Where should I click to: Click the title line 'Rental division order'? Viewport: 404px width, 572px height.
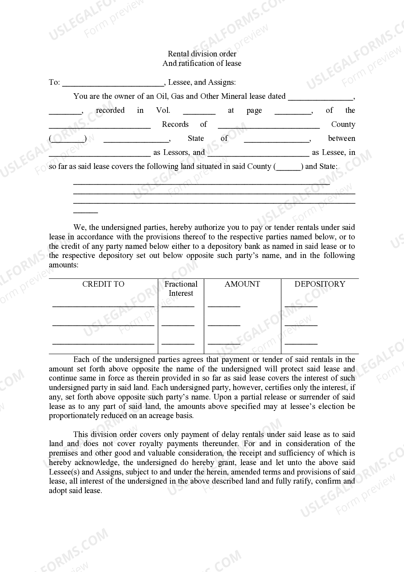pos(202,54)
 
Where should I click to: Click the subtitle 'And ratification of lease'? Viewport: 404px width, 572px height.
pos(202,63)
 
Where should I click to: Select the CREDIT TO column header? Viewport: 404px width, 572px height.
pos(103,284)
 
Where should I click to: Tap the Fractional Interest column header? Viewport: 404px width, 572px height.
pos(181,289)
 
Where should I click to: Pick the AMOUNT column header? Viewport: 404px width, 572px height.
pos(242,284)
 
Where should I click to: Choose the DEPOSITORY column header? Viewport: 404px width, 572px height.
pos(320,284)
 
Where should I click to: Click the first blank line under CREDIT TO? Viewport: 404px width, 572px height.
pos(103,306)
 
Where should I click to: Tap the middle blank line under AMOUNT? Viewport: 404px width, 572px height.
pos(224,324)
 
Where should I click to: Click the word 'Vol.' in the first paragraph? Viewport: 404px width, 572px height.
pos(163,111)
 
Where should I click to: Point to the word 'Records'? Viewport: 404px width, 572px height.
pos(175,125)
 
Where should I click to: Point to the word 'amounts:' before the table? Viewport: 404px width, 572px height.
pos(64,265)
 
